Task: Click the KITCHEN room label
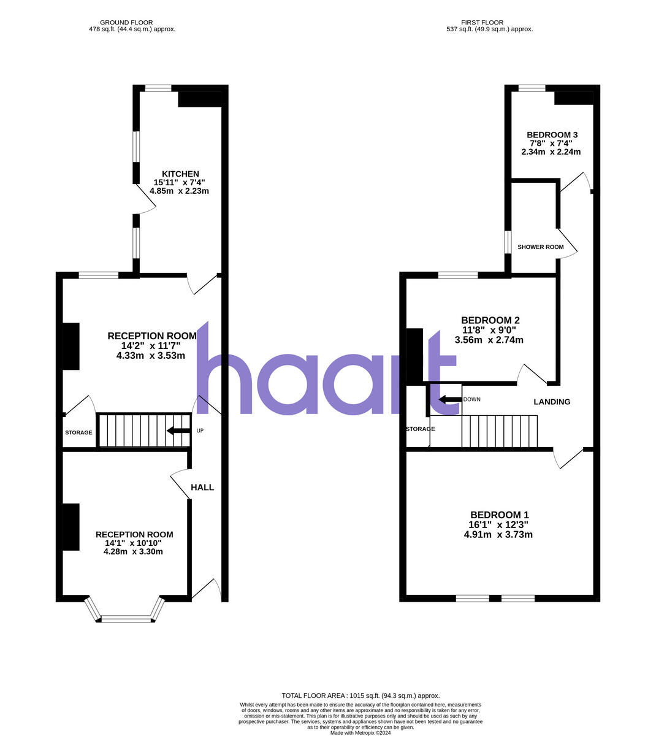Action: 180,174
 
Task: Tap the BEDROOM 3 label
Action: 552,135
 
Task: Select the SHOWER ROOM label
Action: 540,247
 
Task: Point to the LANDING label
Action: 552,402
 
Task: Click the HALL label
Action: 202,487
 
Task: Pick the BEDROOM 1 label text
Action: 499,515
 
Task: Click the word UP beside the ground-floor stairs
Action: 200,431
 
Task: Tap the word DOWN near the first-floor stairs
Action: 472,399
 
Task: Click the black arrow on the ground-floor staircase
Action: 178,431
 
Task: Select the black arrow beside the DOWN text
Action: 450,400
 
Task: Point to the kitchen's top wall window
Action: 158,88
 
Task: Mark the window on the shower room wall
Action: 508,242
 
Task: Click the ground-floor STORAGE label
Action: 78,432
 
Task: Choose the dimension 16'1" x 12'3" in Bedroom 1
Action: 498,525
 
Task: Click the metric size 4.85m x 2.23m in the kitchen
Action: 180,191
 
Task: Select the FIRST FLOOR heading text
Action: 489,23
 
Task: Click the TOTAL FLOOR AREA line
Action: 360,696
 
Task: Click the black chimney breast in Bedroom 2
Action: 415,356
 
